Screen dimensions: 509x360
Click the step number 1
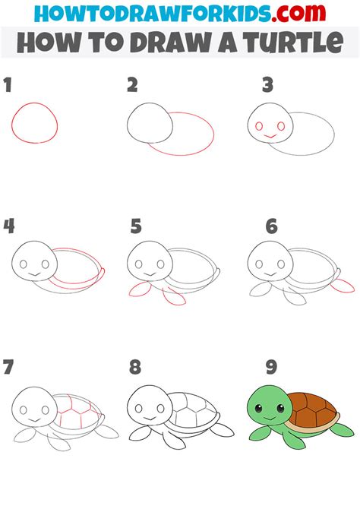[x=8, y=85]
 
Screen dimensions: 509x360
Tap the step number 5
[x=136, y=226]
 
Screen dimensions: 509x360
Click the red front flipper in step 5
[x=138, y=289]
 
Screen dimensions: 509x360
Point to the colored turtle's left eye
[x=258, y=411]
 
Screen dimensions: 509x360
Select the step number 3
[x=268, y=85]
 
